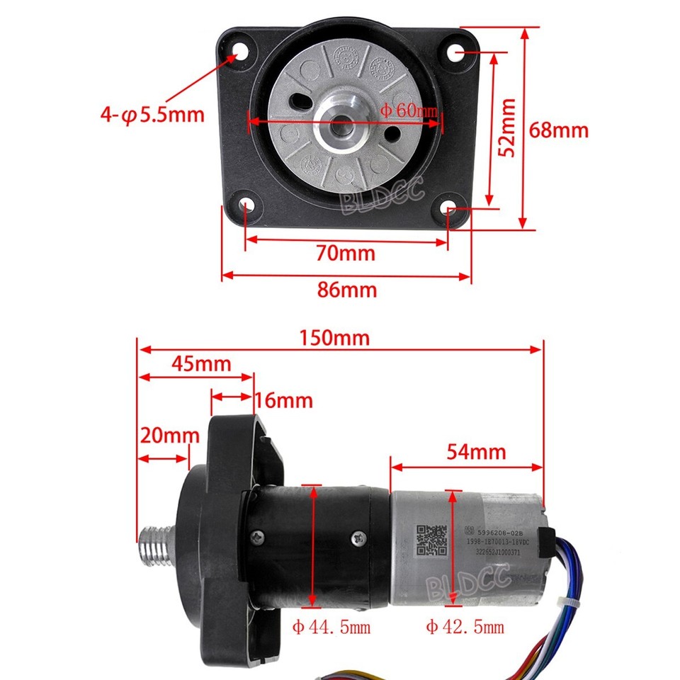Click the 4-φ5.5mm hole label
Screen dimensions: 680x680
[x=152, y=114]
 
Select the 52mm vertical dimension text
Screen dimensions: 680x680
[x=506, y=127]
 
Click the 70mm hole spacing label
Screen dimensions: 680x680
[x=346, y=252]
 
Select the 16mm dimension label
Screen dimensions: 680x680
[x=283, y=400]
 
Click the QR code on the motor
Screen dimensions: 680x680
[x=431, y=540]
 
